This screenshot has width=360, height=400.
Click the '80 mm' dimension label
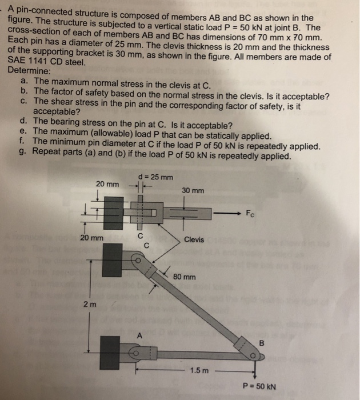185,277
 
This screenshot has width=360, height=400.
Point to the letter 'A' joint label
137,337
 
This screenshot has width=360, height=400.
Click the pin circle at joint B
253,357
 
